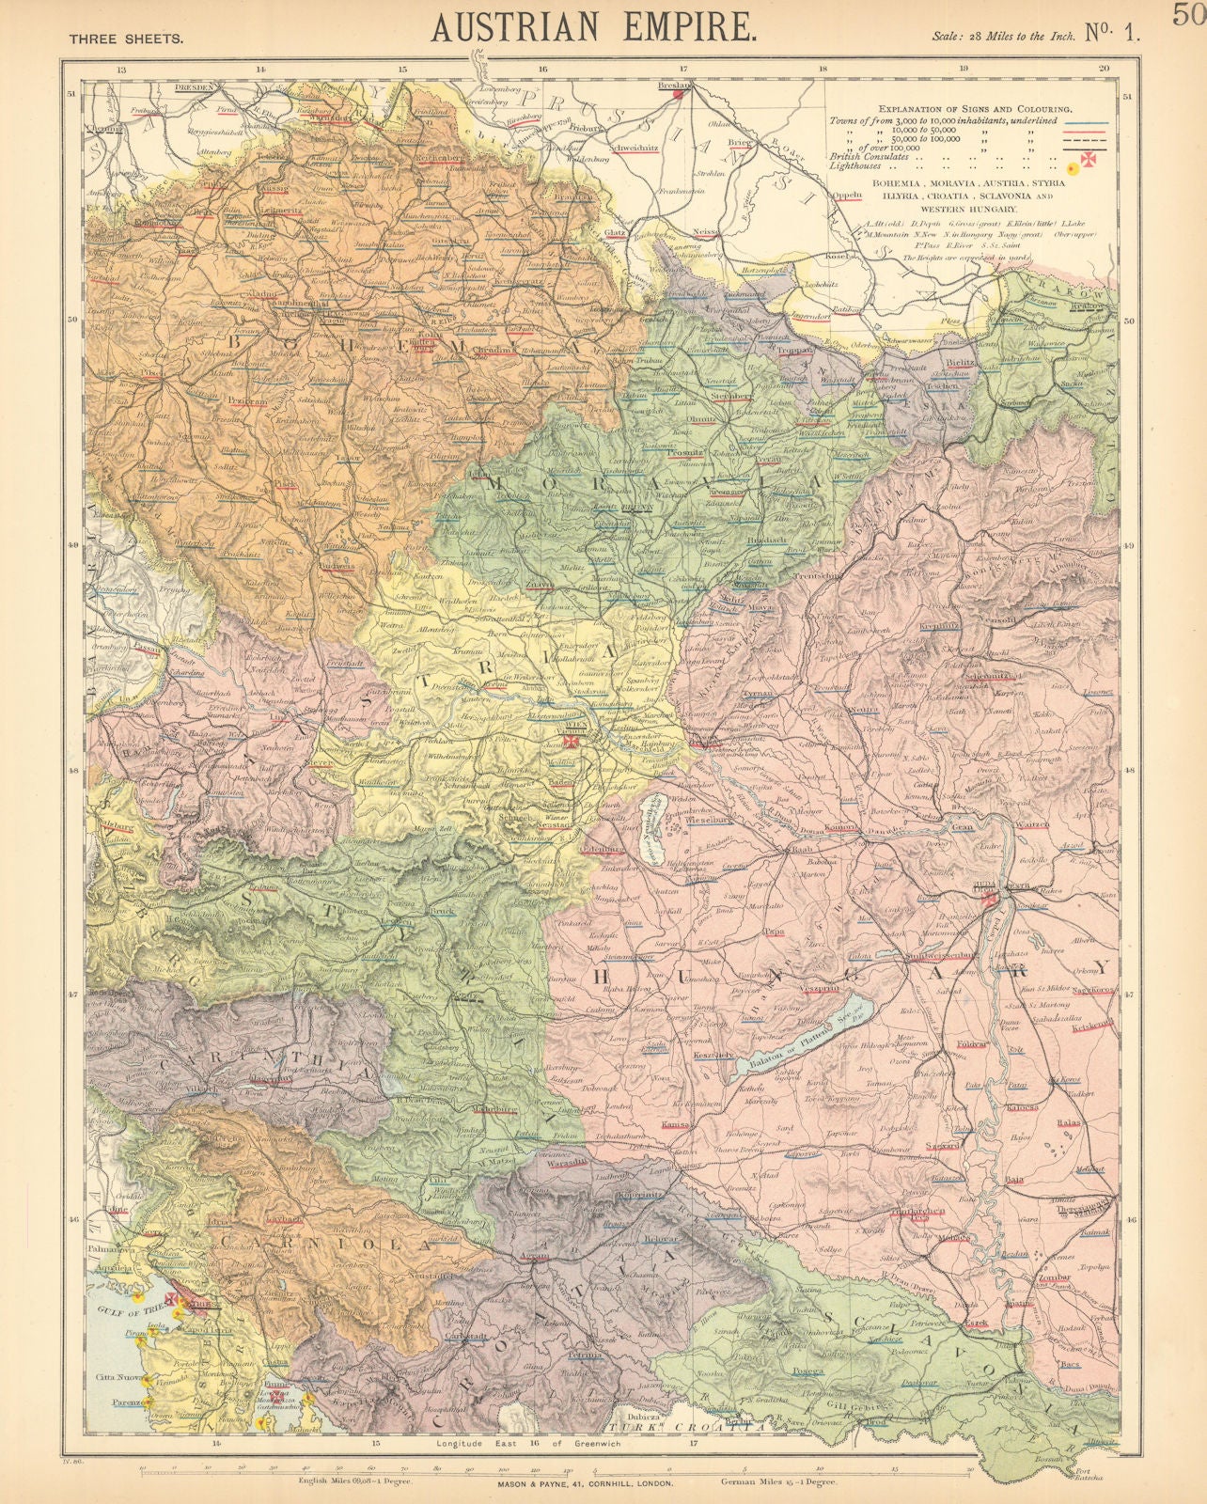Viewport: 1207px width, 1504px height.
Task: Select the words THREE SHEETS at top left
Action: pos(126,39)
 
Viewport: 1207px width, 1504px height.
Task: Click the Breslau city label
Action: pos(672,85)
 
